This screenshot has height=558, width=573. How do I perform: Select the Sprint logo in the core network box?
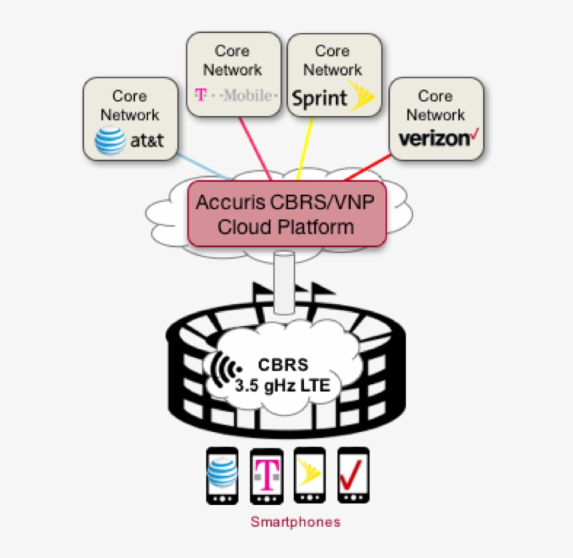(x=333, y=96)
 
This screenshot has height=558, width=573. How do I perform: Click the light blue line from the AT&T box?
(x=203, y=165)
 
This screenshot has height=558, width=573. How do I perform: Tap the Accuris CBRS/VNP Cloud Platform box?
(x=286, y=215)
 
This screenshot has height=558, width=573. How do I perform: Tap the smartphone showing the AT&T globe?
(x=223, y=476)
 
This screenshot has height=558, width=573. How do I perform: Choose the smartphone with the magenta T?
(x=266, y=476)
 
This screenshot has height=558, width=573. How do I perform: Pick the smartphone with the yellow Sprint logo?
(x=310, y=475)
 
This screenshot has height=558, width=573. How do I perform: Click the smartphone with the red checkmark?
(x=353, y=475)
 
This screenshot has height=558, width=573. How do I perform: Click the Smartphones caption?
(x=296, y=522)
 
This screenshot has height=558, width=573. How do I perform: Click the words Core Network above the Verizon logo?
(x=435, y=105)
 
